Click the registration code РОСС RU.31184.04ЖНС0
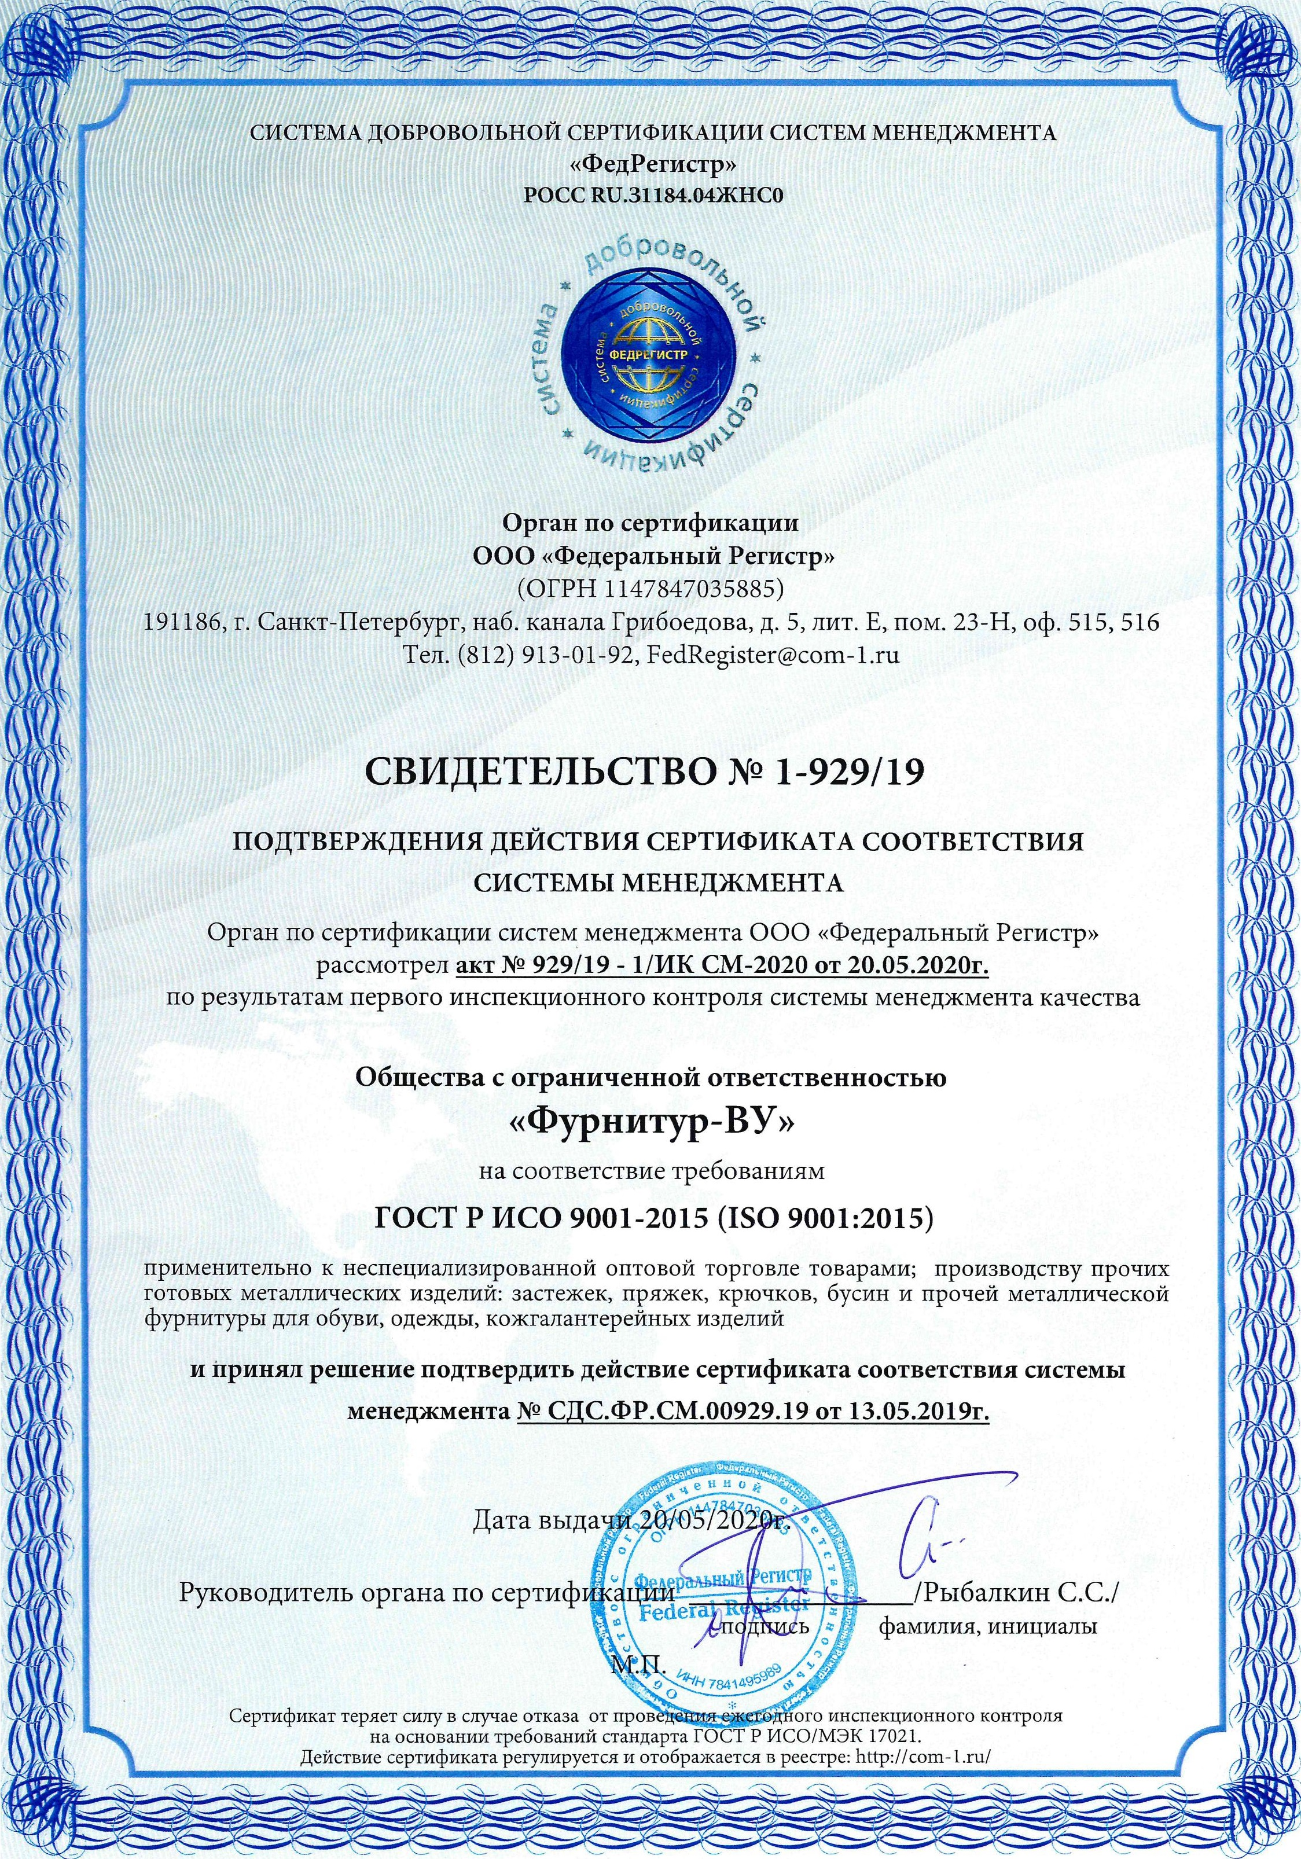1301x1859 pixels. [652, 195]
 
